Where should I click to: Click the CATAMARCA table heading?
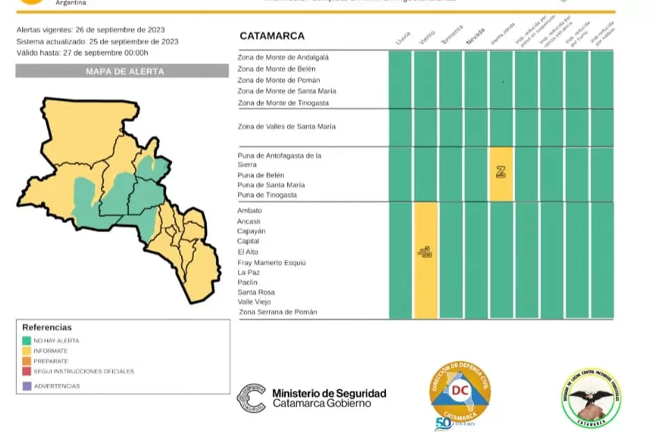point(272,36)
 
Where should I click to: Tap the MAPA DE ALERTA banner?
point(122,71)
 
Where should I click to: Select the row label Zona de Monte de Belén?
point(277,69)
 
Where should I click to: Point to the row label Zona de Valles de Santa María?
point(286,127)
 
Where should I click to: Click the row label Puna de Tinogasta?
point(267,195)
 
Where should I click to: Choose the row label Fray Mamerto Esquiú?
point(271,263)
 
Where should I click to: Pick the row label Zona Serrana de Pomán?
point(278,312)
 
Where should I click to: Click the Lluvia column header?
point(403,39)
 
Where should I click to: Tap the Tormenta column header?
point(452,37)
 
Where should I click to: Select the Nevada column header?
point(475,38)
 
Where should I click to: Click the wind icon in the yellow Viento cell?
point(425,252)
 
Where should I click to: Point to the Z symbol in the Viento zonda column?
point(501,172)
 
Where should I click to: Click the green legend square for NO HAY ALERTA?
point(27,341)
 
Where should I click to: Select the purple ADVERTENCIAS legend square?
point(27,386)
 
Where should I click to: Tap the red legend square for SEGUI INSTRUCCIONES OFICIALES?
point(27,371)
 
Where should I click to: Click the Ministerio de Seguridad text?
point(329,394)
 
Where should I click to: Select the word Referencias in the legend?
point(47,327)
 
